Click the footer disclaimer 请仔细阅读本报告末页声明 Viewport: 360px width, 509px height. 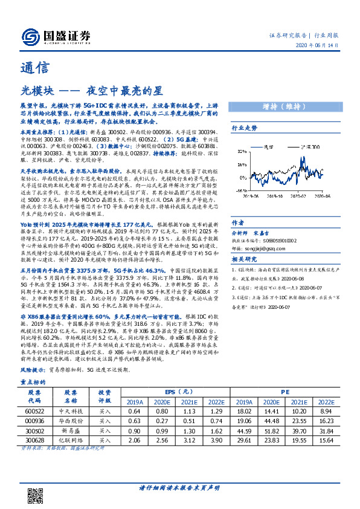tap(179, 488)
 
